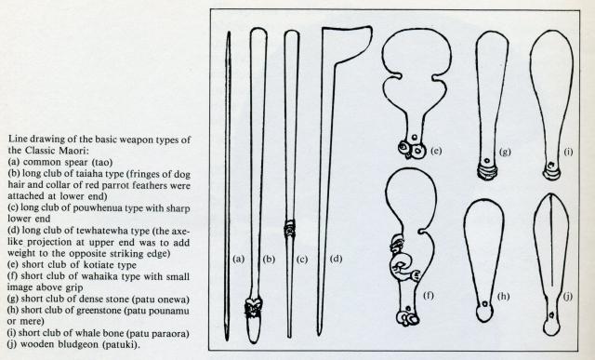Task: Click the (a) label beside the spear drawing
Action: [238, 259]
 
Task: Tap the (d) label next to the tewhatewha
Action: [337, 259]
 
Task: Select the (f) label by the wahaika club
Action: [429, 295]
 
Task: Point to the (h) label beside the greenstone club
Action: [503, 296]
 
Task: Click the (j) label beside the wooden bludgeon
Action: [568, 296]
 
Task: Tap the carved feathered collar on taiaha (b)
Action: [253, 308]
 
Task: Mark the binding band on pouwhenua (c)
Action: [290, 228]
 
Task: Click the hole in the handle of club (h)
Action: [484, 304]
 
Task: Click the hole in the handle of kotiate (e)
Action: [415, 137]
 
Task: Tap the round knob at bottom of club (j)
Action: [551, 327]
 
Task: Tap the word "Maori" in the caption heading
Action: [73, 151]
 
